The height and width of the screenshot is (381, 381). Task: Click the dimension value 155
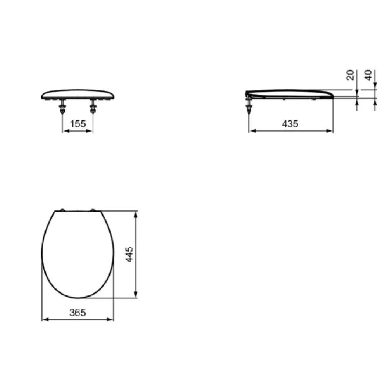[78, 124]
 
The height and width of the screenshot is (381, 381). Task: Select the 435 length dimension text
[290, 124]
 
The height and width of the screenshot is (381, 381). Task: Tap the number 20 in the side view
[350, 75]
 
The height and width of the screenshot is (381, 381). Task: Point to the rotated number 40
[369, 75]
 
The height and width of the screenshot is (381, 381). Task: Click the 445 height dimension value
[129, 255]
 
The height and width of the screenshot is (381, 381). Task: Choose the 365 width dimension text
[77, 313]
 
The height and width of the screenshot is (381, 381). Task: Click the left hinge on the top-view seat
[63, 210]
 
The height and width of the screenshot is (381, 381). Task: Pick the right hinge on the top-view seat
[93, 210]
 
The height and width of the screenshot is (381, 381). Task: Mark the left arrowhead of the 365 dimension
[43, 320]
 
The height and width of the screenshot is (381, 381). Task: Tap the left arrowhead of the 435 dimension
[251, 130]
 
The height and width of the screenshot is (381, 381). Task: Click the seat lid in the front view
[78, 93]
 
